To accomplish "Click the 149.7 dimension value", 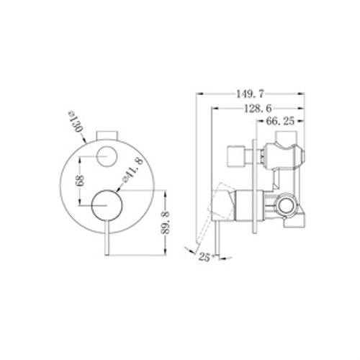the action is pyautogui.click(x=250, y=94).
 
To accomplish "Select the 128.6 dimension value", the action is pyautogui.click(x=258, y=109).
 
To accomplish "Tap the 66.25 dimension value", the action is pyautogui.click(x=280, y=121).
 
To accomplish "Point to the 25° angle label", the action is pyautogui.click(x=204, y=258).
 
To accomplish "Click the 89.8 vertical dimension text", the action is pyautogui.click(x=165, y=222).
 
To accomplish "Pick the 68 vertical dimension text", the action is pyautogui.click(x=80, y=181).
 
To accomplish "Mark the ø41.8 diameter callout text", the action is pyautogui.click(x=132, y=170).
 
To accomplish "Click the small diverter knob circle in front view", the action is pyautogui.click(x=107, y=156).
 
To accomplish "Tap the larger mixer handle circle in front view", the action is pyautogui.click(x=107, y=205).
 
